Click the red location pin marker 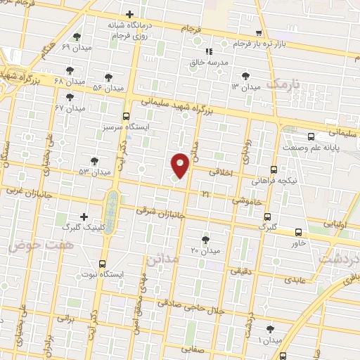[x=180, y=165]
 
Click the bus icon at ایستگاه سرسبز [x=126, y=116]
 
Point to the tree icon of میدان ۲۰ [x=205, y=239]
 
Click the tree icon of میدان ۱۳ [x=245, y=76]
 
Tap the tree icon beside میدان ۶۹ [x=77, y=37]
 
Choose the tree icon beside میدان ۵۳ [x=94, y=161]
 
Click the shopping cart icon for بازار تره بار [x=259, y=32]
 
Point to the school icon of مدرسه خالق [x=209, y=51]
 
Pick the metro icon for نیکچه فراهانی [x=274, y=169]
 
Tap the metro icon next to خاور [x=299, y=232]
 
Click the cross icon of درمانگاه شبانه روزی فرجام [x=129, y=14]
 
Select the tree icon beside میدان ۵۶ [x=108, y=77]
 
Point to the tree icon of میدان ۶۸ [x=70, y=70]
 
